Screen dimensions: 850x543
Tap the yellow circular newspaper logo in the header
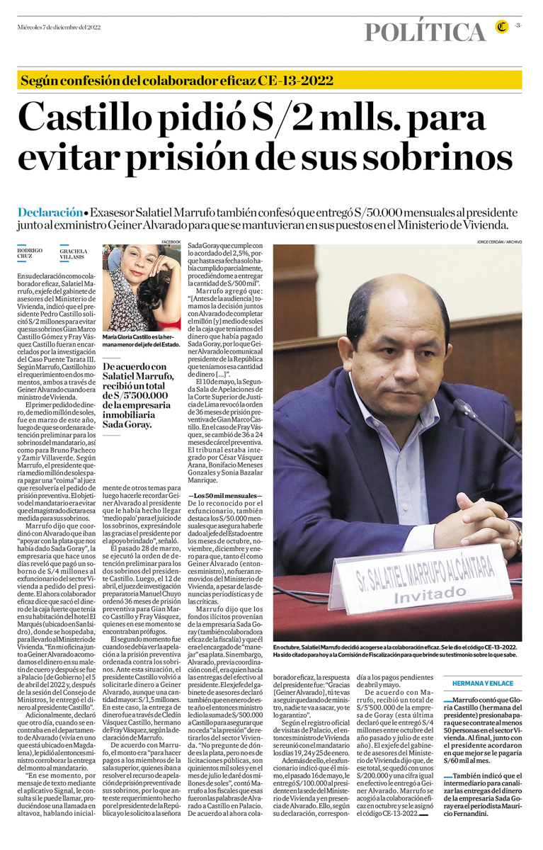coord(502,28)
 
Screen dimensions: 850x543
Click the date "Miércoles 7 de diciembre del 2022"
coord(59,27)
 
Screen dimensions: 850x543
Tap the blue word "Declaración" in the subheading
coord(50,212)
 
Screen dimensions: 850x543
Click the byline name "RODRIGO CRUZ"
coord(30,254)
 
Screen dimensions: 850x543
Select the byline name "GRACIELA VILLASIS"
coord(74,254)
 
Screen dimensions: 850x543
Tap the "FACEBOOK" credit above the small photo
coord(171,242)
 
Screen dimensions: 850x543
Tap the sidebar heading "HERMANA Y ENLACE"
coord(484,682)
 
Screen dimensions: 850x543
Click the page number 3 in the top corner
coord(518,26)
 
